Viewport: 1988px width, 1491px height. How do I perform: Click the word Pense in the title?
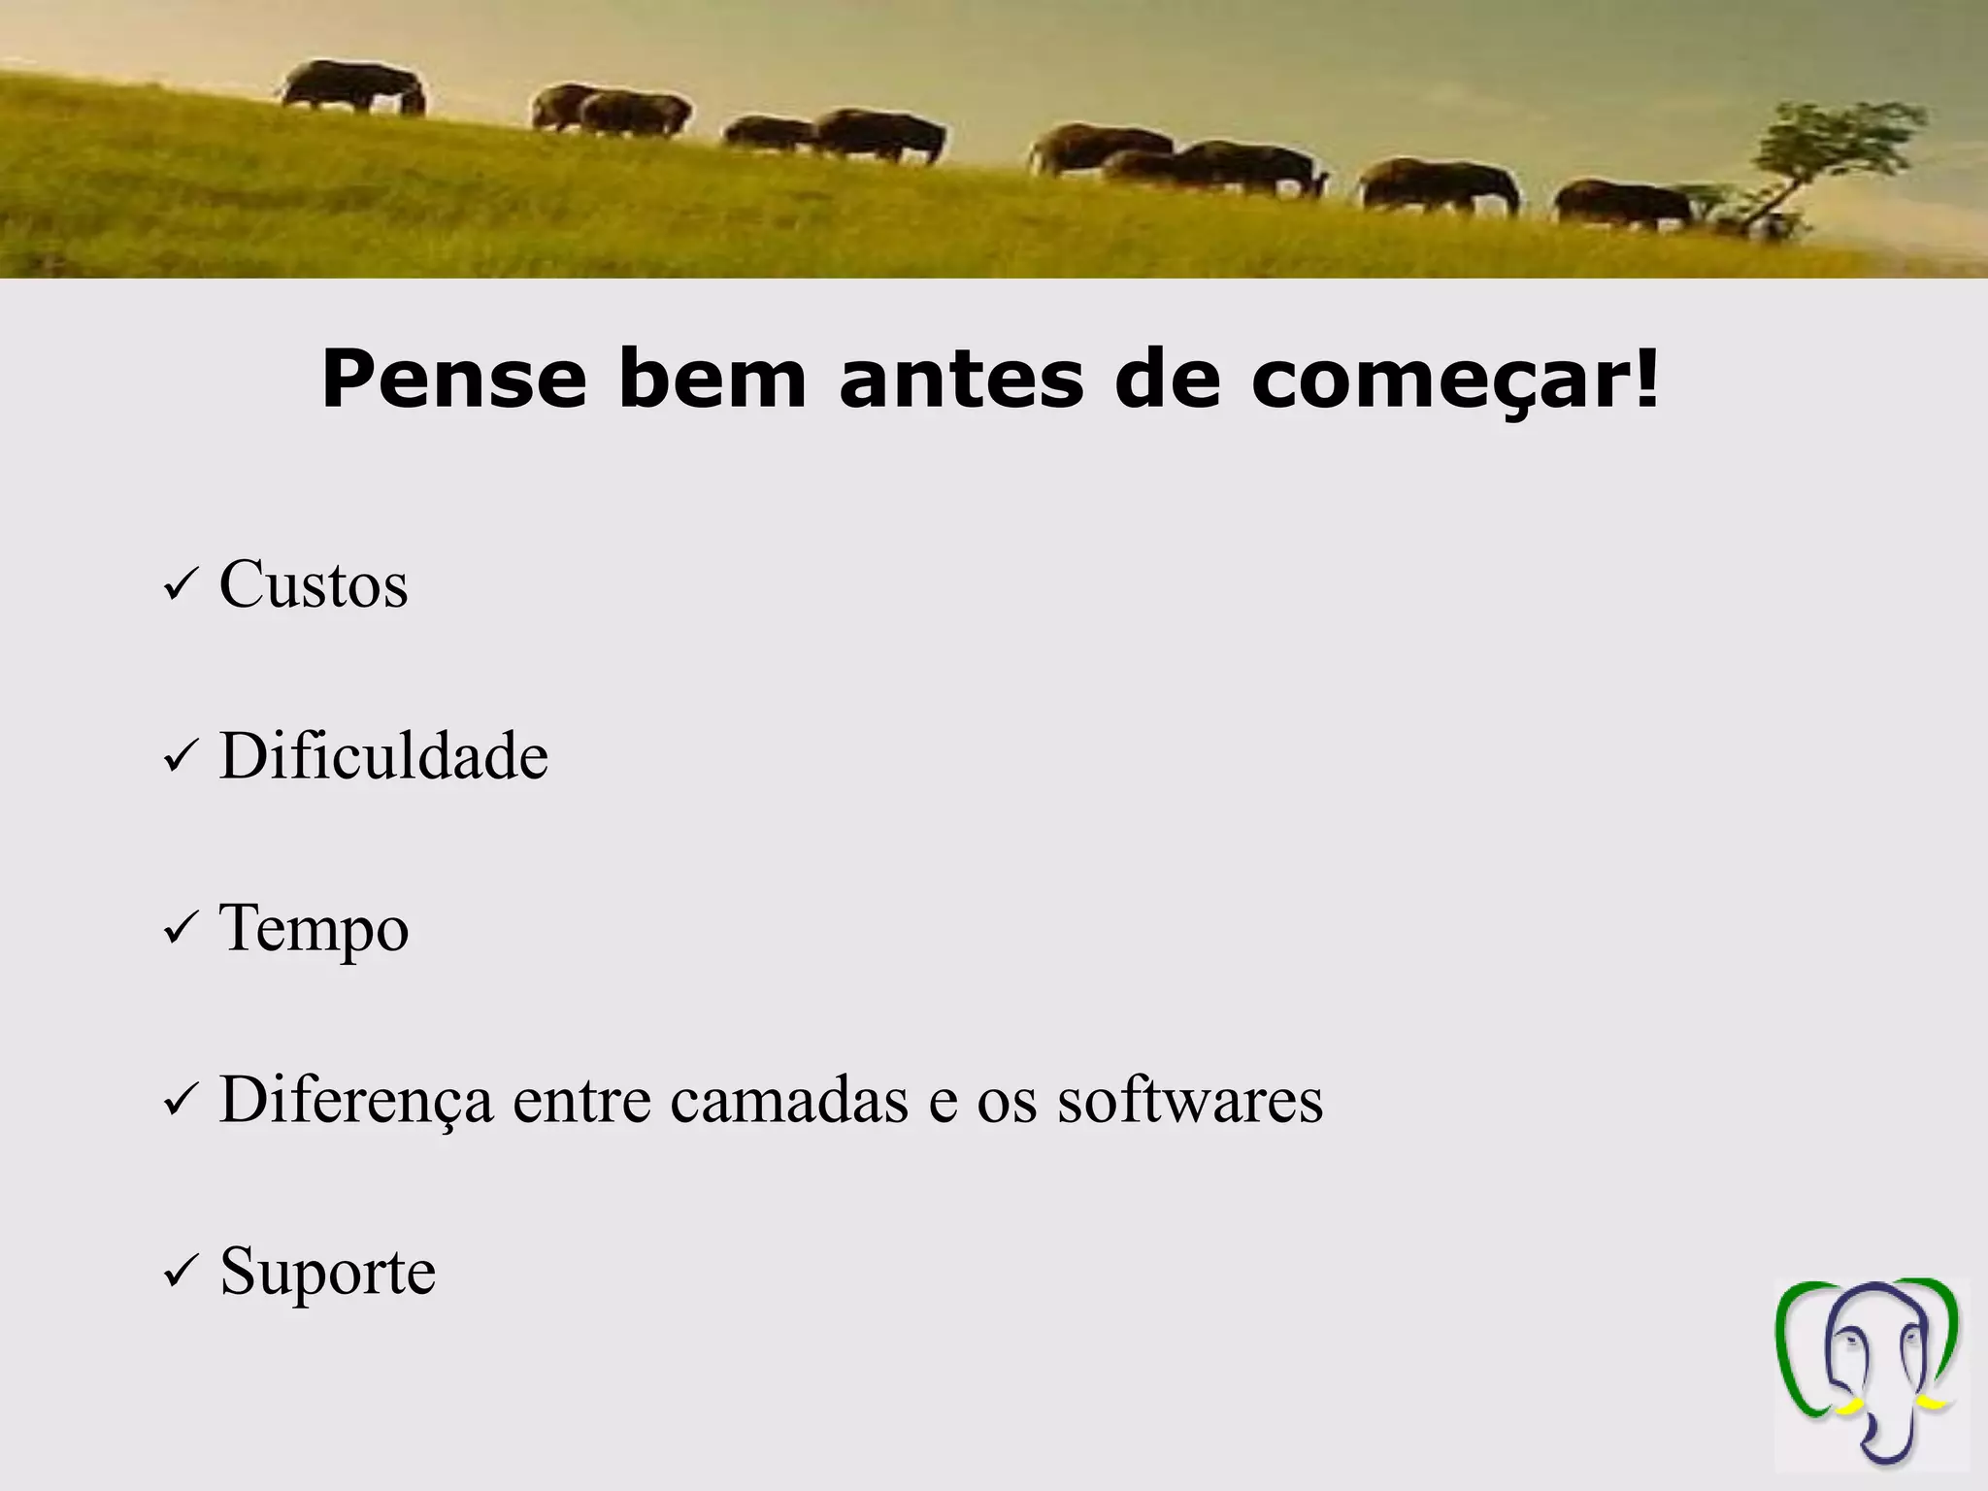pyautogui.click(x=454, y=381)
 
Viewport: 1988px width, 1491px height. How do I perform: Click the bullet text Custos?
pyautogui.click(x=314, y=584)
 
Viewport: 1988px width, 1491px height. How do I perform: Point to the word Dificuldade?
pyautogui.click(x=383, y=755)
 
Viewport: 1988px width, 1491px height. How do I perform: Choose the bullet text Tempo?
pyautogui.click(x=314, y=929)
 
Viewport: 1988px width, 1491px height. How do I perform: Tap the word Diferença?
pyautogui.click(x=356, y=1101)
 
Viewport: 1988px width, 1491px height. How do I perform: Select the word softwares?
pyautogui.click(x=1189, y=1099)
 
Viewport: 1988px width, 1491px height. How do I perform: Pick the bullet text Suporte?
pyautogui.click(x=327, y=1271)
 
